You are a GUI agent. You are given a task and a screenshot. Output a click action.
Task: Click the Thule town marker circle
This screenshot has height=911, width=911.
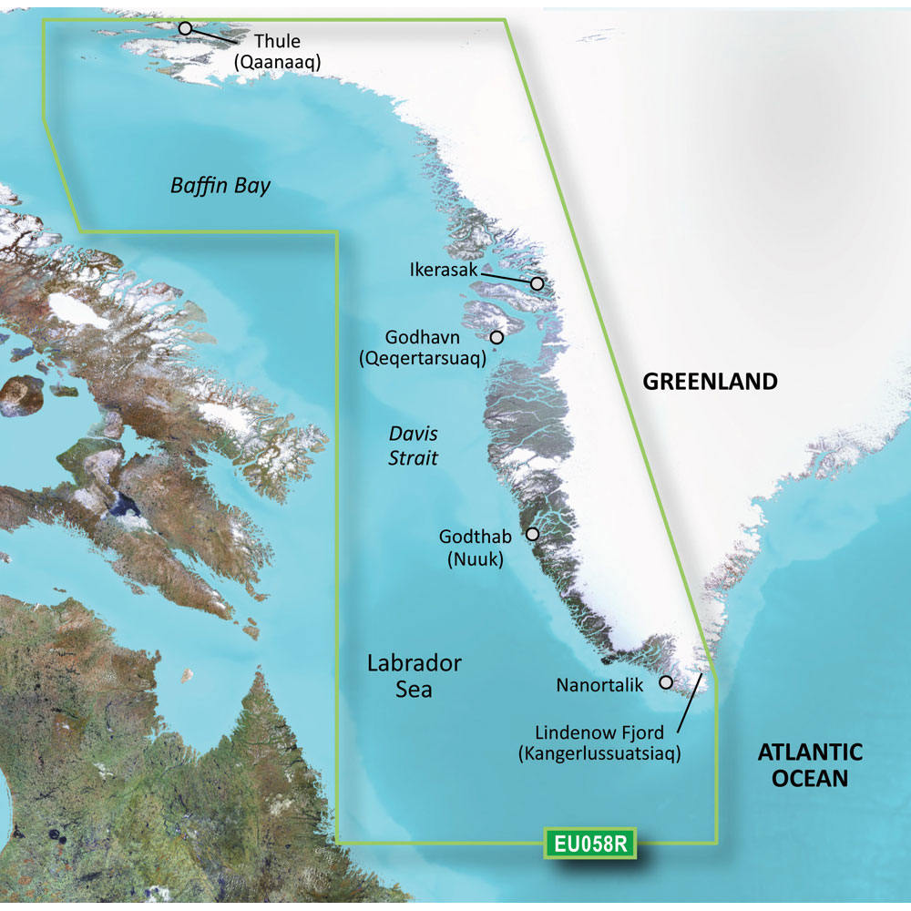tap(185, 28)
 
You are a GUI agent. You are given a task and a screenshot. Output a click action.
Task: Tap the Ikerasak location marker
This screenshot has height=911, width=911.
tap(537, 284)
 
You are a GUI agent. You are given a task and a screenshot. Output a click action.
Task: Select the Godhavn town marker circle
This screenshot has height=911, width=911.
tap(496, 337)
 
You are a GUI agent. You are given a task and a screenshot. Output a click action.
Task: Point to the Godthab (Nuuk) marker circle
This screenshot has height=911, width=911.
tap(533, 534)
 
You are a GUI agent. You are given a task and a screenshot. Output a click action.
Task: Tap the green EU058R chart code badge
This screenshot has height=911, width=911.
tap(589, 844)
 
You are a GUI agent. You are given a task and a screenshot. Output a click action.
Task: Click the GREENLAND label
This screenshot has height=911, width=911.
tap(711, 382)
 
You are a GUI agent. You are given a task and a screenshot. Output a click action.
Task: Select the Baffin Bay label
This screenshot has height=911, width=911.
tap(220, 187)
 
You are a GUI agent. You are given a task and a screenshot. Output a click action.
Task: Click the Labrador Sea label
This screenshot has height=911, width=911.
tap(414, 676)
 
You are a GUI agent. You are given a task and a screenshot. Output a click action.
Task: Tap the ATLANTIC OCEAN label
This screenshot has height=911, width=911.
tap(810, 765)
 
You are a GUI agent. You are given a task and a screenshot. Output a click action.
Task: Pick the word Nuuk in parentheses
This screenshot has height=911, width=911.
tap(476, 559)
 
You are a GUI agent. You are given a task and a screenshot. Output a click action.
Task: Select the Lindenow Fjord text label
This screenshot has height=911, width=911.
tap(599, 732)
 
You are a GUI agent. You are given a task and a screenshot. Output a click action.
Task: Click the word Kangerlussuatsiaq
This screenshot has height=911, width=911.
tap(599, 754)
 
